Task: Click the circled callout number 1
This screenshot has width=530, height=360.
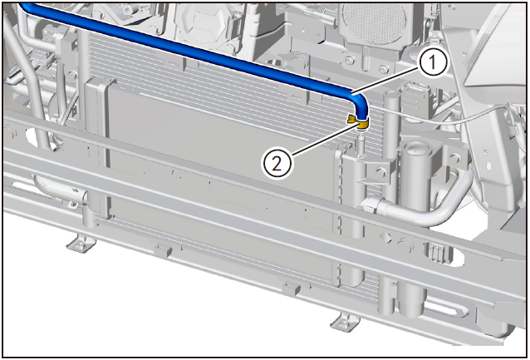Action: (x=433, y=62)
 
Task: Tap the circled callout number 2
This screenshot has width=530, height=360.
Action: (x=277, y=164)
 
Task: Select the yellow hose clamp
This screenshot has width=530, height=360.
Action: (x=359, y=122)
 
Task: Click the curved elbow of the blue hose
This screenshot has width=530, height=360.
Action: (x=359, y=101)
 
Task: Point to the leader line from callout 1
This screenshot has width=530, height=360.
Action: (x=385, y=80)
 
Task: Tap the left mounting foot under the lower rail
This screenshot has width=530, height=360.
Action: (x=81, y=244)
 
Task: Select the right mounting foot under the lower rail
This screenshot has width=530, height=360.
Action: (x=345, y=322)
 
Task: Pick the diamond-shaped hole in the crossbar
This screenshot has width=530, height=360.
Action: (x=387, y=238)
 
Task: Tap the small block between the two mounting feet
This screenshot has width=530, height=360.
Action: (x=163, y=251)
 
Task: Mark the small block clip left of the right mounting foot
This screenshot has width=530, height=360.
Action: (x=292, y=288)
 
